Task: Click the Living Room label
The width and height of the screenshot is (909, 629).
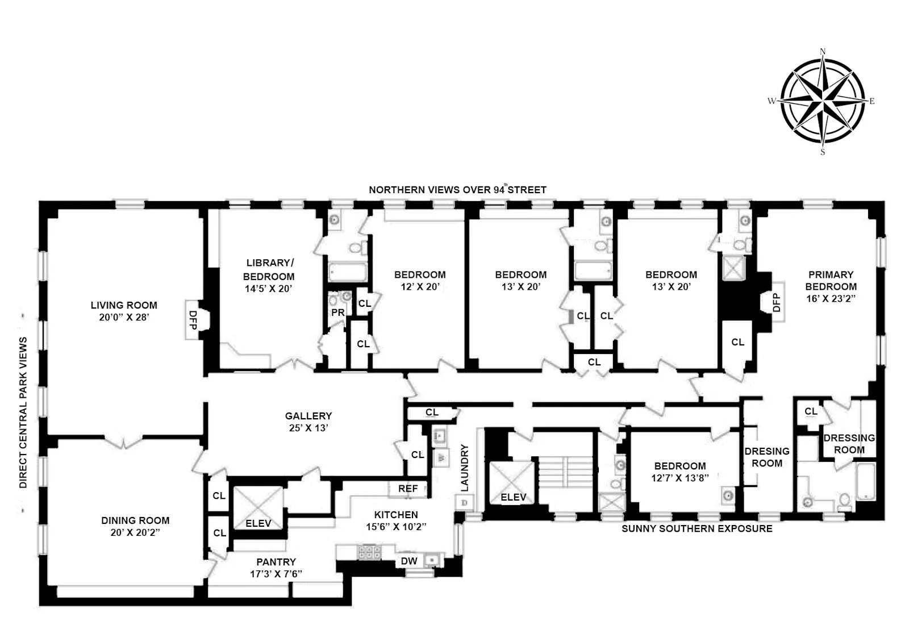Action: point(124,305)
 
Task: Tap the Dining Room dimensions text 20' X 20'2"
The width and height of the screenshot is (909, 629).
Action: point(135,532)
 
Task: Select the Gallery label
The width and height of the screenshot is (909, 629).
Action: point(308,416)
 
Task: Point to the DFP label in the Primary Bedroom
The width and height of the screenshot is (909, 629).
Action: point(777,302)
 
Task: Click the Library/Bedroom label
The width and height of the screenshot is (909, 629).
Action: point(269,269)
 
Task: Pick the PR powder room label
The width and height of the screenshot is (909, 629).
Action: point(338,313)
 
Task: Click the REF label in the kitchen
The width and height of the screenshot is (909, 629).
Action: point(408,489)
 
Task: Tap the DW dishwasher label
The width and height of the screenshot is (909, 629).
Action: point(409,561)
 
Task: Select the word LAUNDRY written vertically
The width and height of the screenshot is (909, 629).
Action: point(465,468)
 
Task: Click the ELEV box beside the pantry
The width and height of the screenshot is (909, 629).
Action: point(258,507)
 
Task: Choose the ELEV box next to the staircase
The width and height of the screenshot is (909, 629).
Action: point(513,482)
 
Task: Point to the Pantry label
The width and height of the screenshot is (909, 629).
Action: point(276,561)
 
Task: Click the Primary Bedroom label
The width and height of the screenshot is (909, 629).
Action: point(831,280)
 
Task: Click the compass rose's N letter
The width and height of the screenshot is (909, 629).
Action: point(823,51)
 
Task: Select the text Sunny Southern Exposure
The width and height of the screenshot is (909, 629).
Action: point(697,528)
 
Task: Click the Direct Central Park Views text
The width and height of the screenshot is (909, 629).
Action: point(23,412)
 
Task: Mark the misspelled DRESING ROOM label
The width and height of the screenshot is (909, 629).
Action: point(767,457)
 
